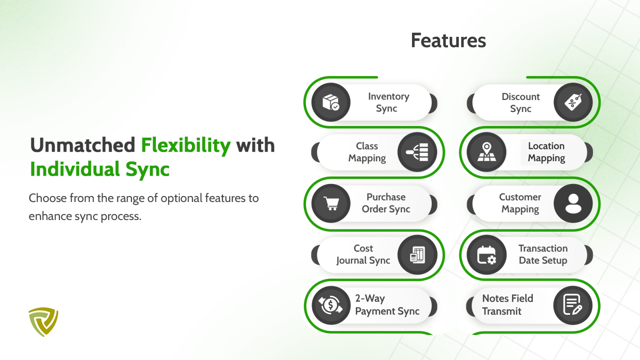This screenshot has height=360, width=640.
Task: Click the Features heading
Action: [x=448, y=40]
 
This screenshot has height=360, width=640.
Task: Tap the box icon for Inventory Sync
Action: [x=331, y=102]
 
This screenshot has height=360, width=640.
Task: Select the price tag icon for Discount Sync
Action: [x=573, y=102]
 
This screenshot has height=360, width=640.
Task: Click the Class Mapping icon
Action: [x=417, y=152]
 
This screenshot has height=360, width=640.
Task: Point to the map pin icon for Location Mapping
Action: [x=486, y=152]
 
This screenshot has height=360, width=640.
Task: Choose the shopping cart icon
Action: [x=331, y=204]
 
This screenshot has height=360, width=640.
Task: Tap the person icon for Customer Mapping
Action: [x=573, y=204]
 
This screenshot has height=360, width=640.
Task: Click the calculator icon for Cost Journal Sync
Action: [x=417, y=254]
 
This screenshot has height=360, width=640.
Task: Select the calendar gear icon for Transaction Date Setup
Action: [x=486, y=254]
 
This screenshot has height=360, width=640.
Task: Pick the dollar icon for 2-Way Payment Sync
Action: [x=331, y=305]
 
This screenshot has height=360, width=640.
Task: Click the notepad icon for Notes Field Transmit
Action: [x=573, y=305]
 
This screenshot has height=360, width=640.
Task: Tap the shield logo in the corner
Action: [x=44, y=322]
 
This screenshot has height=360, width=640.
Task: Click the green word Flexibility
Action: [x=186, y=146]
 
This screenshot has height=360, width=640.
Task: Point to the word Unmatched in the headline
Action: [x=82, y=145]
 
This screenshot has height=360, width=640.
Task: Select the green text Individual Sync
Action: [x=100, y=169]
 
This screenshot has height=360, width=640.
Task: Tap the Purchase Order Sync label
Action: [x=386, y=203]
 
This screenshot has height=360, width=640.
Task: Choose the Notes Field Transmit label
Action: [x=508, y=304]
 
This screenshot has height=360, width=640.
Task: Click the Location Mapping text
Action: [x=546, y=152]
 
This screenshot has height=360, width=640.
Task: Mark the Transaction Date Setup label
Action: [x=543, y=254]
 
